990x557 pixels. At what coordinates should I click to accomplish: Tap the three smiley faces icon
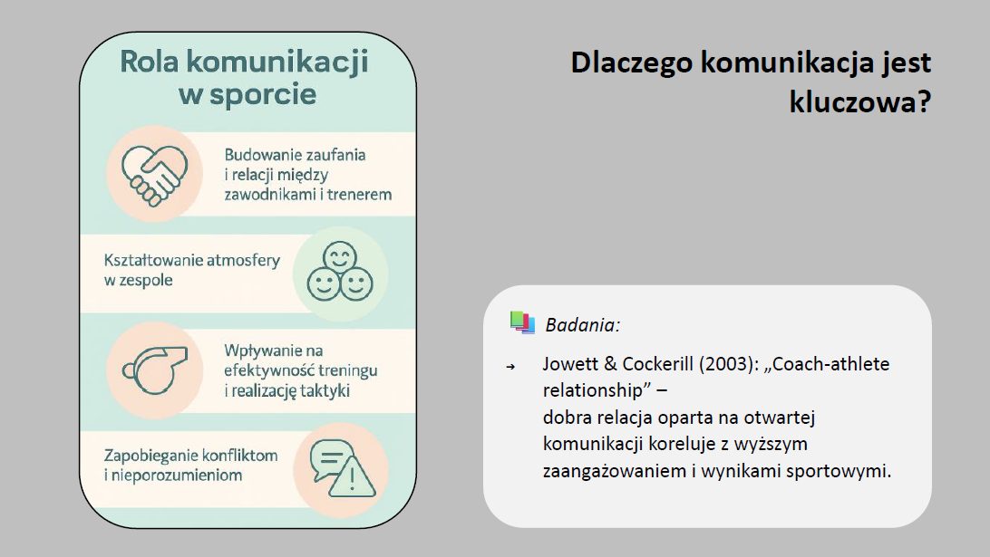point(340,271)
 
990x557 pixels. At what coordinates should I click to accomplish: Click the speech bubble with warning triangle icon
point(343,468)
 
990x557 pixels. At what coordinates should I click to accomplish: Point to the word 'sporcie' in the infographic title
point(263,95)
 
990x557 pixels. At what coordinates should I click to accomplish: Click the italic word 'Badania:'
point(582,325)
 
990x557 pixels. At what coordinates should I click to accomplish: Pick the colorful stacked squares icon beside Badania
point(522,322)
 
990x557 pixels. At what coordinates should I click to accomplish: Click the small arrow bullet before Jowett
point(510,367)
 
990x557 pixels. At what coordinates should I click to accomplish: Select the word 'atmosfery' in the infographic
point(243,260)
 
